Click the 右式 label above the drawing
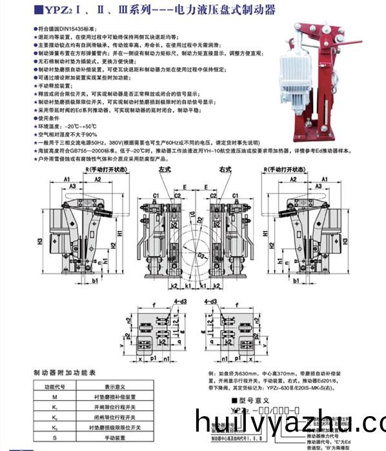(x=225, y=169)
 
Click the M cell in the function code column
(x=55, y=399)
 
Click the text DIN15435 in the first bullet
(x=66, y=30)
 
